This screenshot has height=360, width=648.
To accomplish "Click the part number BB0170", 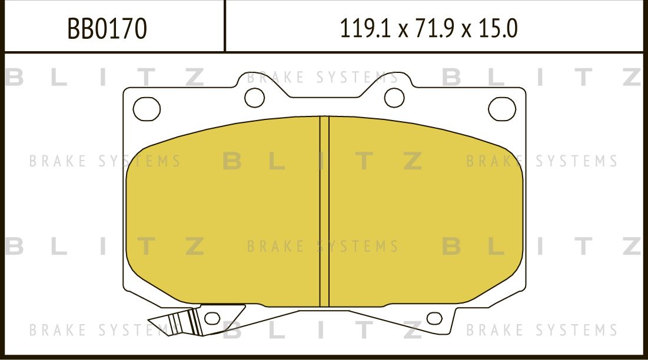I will (x=107, y=28).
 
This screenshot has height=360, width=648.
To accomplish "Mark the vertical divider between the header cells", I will (x=225, y=26).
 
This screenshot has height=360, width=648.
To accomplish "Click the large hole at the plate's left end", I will (x=147, y=109).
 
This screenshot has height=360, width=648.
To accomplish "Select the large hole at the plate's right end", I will (x=502, y=109).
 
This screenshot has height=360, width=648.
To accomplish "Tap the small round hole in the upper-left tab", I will (x=254, y=98).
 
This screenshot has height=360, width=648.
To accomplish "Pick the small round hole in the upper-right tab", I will (x=394, y=96).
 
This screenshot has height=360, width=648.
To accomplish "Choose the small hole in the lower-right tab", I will (x=434, y=319).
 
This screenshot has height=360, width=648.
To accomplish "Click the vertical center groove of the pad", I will (x=324, y=212).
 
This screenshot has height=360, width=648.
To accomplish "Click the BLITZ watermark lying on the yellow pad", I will (x=323, y=161).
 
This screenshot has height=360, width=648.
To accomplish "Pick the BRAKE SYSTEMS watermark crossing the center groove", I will (x=323, y=246).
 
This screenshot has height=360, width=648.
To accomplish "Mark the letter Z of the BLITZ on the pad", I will (x=412, y=161).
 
